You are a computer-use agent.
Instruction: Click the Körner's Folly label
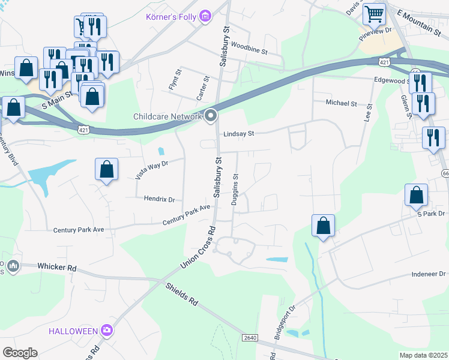[x=172, y=16]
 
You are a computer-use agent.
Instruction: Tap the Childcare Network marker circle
[x=211, y=116]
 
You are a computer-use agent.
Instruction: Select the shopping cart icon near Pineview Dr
[x=373, y=13]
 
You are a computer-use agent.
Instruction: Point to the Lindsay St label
[x=239, y=134]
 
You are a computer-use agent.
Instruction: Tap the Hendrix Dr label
[x=159, y=199]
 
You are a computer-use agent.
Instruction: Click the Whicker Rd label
[x=57, y=266]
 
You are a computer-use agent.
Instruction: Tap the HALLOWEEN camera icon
[x=107, y=330]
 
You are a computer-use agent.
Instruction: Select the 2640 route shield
[x=250, y=338]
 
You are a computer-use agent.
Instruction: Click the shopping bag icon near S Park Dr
[x=416, y=194]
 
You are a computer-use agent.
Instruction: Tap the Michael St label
[x=341, y=103]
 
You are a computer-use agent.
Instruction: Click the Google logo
[x=20, y=353]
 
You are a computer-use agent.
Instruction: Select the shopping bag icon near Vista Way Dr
[x=106, y=169]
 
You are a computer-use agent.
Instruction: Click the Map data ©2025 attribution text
[x=423, y=355]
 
